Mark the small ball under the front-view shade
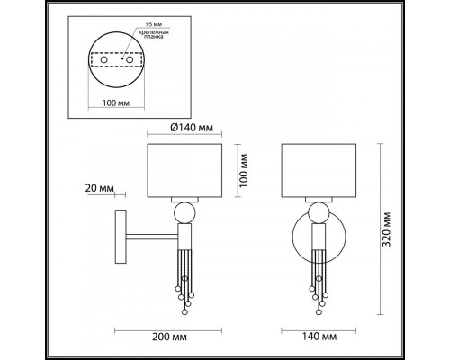318,213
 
